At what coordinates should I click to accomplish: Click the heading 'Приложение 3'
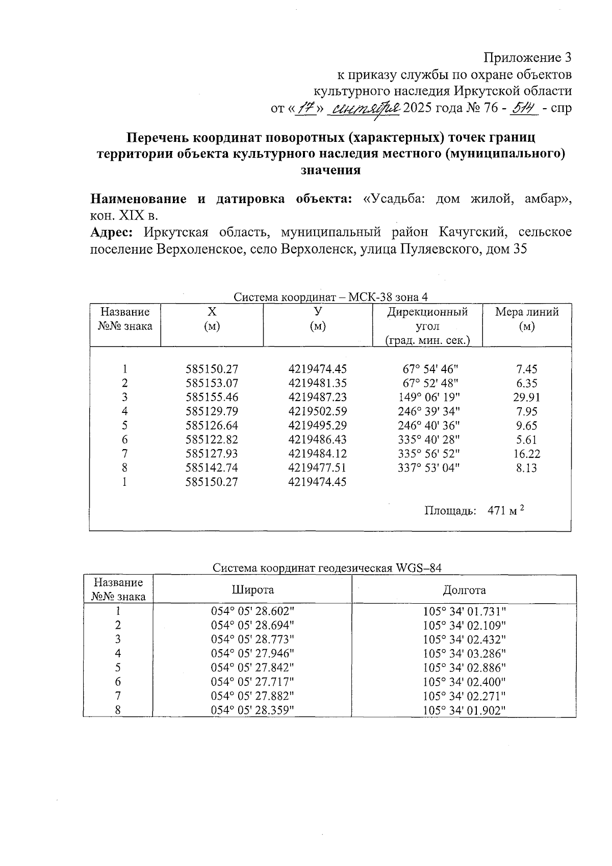pos(527,57)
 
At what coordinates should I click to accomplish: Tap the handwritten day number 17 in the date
pos(306,108)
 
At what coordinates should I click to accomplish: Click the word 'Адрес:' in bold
pos(112,232)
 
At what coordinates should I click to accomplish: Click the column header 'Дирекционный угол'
pos(427,318)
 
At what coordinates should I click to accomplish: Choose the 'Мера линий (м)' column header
pos(526,318)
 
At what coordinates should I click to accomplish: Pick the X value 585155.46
pos(212,398)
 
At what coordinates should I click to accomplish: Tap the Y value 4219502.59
pos(317,411)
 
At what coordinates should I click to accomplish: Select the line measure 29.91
pos(527,398)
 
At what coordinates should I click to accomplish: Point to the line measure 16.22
pos(527,454)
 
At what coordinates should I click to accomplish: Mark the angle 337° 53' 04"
pos(428,468)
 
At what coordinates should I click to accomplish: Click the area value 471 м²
pos(505,510)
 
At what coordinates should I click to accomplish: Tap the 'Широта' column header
pos(252,590)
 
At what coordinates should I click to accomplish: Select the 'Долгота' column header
pos(464,590)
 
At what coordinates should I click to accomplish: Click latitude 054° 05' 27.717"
pos(252,681)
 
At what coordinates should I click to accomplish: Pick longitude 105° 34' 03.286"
pos(464,653)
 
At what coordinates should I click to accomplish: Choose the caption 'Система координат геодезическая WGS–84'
pos(327,568)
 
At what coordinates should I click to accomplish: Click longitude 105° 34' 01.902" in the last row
pos(464,710)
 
